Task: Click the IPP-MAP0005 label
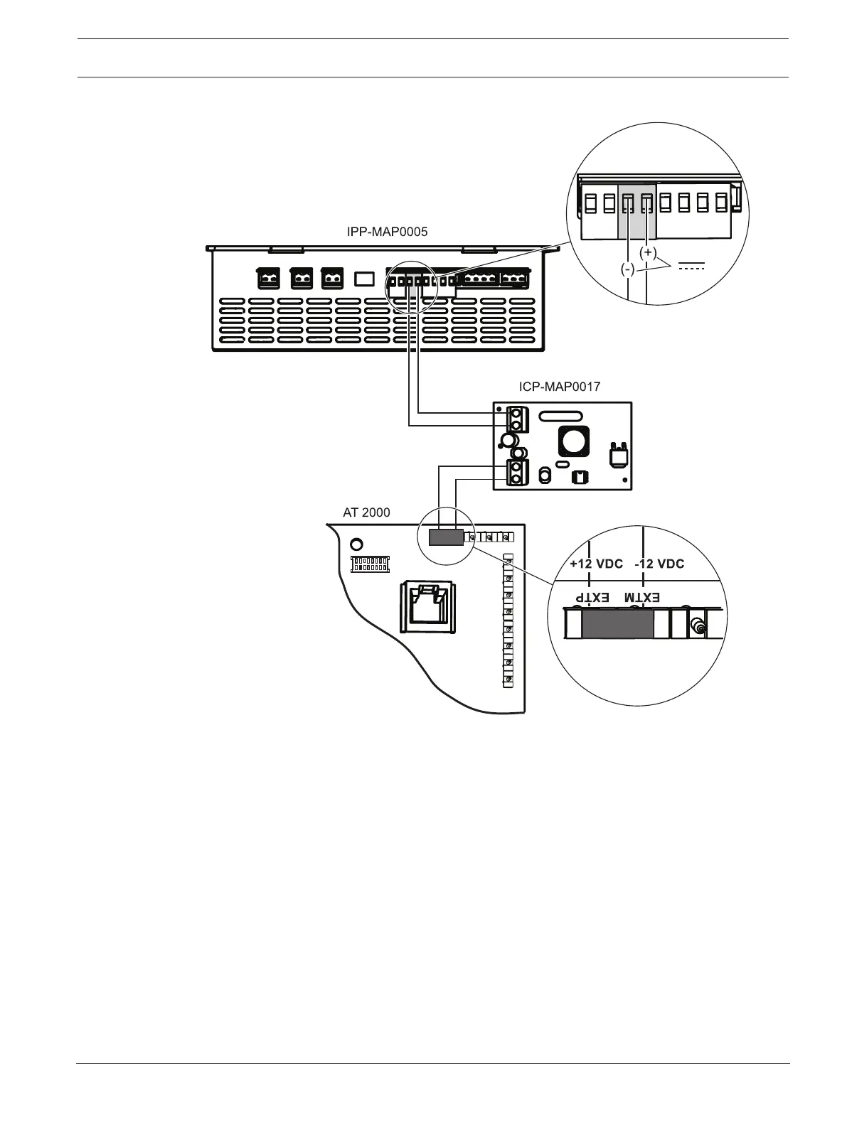(387, 232)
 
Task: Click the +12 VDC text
(596, 564)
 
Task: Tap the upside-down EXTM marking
(643, 598)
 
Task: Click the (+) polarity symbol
(648, 252)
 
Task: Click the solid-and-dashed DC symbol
(691, 267)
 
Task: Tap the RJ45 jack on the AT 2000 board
(428, 606)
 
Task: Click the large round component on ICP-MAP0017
(572, 441)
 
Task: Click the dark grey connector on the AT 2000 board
(446, 537)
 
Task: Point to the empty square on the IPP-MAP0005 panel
(364, 278)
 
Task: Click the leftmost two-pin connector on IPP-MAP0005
(267, 278)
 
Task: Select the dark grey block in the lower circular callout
(617, 625)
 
